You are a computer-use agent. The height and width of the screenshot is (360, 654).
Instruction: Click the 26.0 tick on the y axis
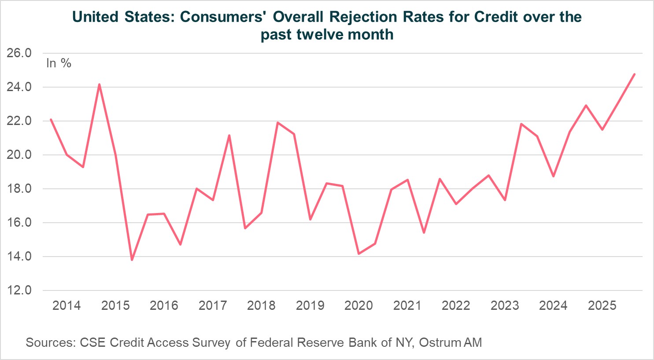pyautogui.click(x=19, y=53)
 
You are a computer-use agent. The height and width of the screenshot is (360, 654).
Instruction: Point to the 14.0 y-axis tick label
pyautogui.click(x=19, y=256)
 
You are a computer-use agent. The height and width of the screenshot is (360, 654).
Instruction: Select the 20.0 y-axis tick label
pyautogui.click(x=19, y=155)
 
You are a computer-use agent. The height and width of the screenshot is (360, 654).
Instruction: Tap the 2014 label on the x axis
pyautogui.click(x=67, y=305)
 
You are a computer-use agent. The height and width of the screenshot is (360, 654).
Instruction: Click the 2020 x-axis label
pyautogui.click(x=358, y=305)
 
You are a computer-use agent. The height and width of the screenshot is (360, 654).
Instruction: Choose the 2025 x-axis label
pyautogui.click(x=602, y=305)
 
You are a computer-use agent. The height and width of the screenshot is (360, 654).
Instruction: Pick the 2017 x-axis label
pyautogui.click(x=213, y=305)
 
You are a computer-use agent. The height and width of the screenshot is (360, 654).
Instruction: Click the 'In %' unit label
pyautogui.click(x=59, y=63)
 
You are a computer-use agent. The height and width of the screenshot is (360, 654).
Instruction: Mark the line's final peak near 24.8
pyautogui.click(x=634, y=74)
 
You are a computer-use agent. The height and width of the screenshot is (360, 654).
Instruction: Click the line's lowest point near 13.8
pyautogui.click(x=132, y=260)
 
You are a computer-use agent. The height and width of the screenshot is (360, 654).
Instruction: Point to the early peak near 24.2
pyautogui.click(x=99, y=84)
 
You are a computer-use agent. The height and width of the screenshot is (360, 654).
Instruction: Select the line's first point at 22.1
pyautogui.click(x=51, y=119)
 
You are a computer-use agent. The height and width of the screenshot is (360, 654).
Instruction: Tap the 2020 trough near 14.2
pyautogui.click(x=359, y=253)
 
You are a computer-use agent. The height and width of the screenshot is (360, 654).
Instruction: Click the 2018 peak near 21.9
pyautogui.click(x=277, y=122)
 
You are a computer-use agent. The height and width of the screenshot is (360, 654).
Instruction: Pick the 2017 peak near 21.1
pyautogui.click(x=229, y=136)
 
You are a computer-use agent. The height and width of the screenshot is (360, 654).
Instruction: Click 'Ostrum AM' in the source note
pyautogui.click(x=450, y=342)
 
